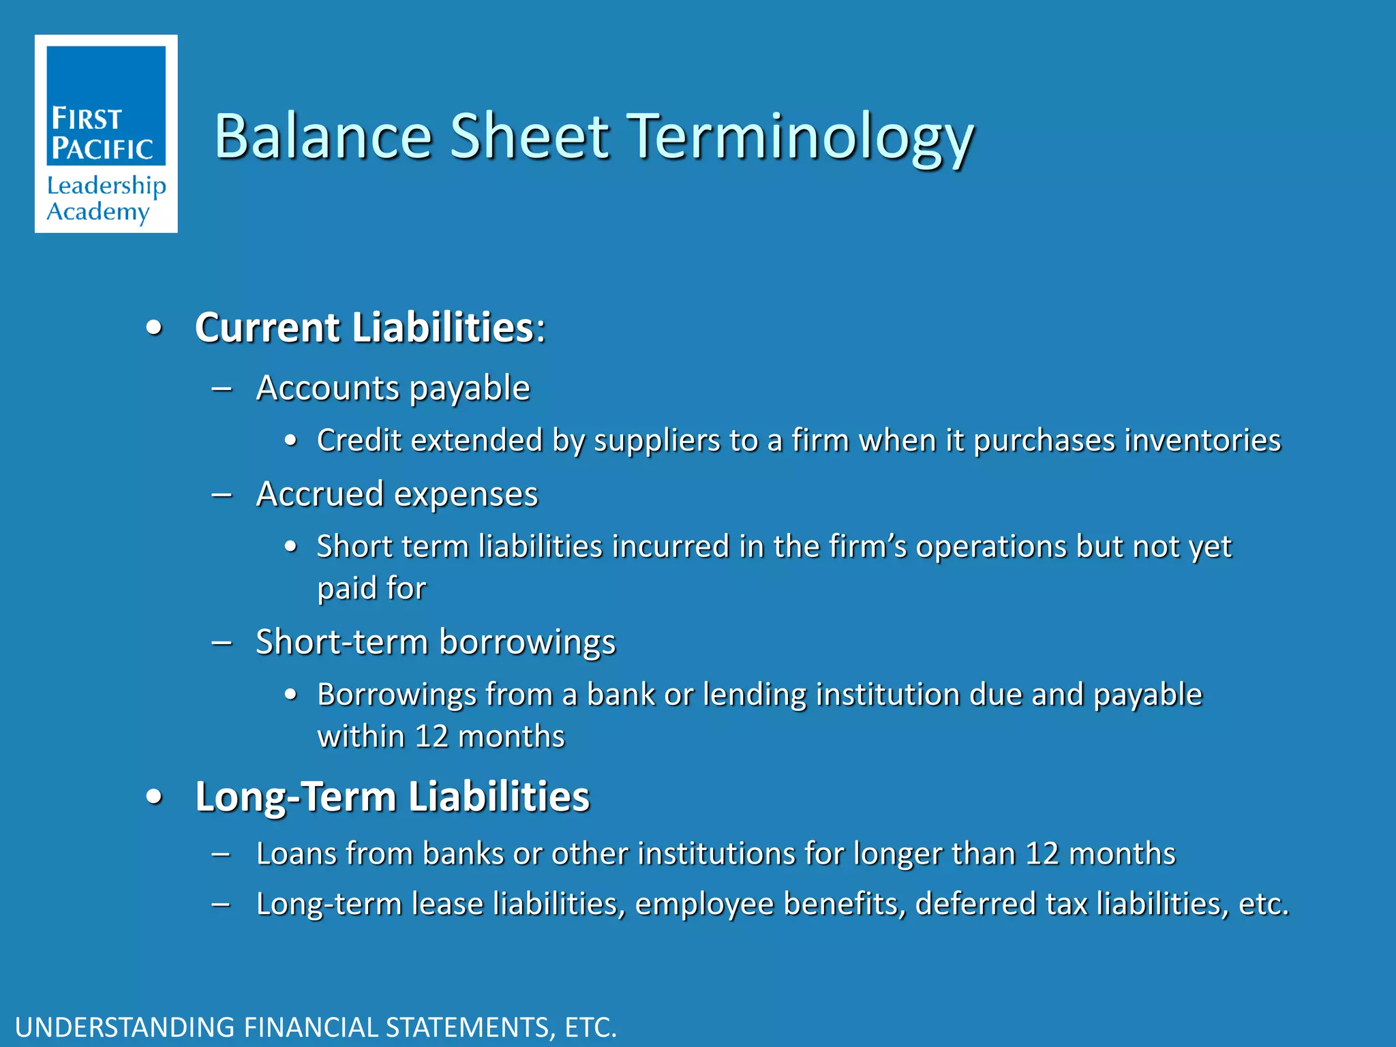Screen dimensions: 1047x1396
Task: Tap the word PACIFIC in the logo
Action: pyautogui.click(x=103, y=149)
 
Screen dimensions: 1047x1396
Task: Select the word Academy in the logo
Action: pyautogui.click(x=97, y=212)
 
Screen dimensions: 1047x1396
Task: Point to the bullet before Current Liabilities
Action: pyautogui.click(x=155, y=329)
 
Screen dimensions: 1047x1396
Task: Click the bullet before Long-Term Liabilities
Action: pyautogui.click(x=155, y=797)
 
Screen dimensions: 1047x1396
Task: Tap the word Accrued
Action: pyautogui.click(x=320, y=494)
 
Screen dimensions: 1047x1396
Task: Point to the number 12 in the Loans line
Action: pyautogui.click(x=1042, y=854)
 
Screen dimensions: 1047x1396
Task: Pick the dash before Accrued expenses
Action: pyautogui.click(x=222, y=495)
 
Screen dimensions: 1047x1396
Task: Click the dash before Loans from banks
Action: pyautogui.click(x=222, y=854)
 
